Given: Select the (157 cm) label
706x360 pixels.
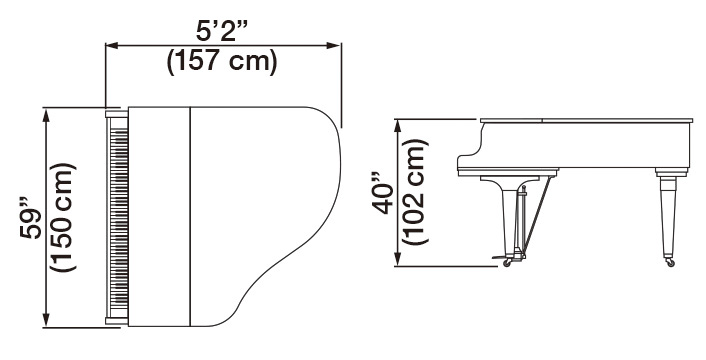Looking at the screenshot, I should pyautogui.click(x=222, y=62).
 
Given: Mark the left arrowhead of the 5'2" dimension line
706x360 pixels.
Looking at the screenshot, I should pyautogui.click(x=111, y=44).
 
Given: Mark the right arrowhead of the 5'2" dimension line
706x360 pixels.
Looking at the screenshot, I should pyautogui.click(x=337, y=44).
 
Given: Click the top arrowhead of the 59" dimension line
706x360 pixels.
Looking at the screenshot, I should pyautogui.click(x=46, y=113).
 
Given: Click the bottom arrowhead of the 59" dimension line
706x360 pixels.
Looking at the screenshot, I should pyautogui.click(x=46, y=321).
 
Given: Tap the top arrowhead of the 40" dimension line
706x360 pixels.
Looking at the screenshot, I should pyautogui.click(x=399, y=124).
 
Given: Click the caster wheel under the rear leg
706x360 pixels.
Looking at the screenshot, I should pyautogui.click(x=667, y=264).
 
